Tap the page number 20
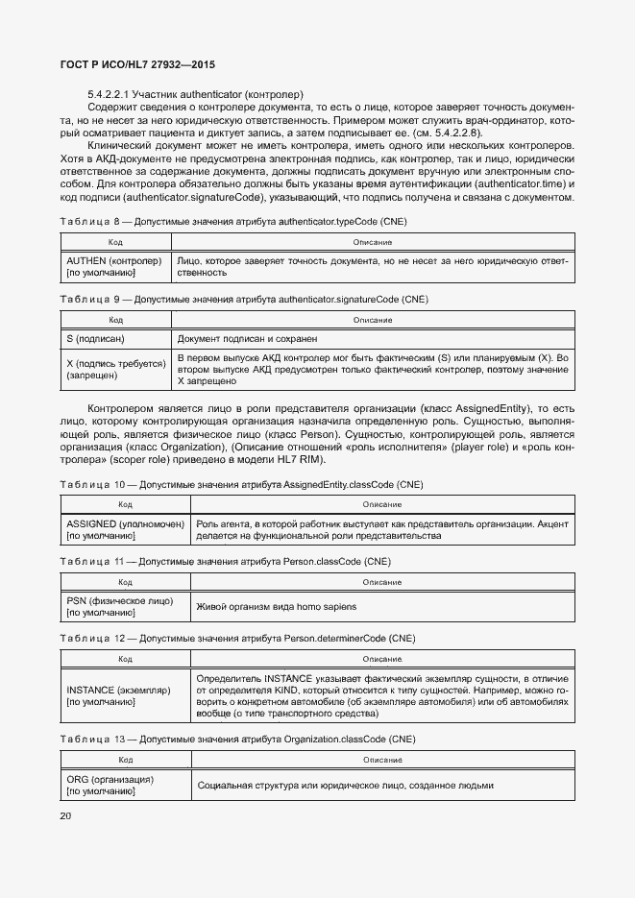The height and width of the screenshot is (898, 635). (x=65, y=815)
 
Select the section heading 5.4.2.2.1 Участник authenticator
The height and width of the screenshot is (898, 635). (x=195, y=94)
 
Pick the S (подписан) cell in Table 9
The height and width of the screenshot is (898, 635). (x=97, y=338)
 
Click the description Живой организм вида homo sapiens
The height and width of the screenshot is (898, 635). (x=276, y=606)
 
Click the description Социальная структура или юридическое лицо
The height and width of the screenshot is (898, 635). (x=344, y=785)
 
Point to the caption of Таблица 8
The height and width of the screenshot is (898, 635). (x=233, y=221)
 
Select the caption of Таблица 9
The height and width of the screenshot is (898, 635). (x=243, y=299)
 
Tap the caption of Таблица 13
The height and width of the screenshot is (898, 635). (x=236, y=740)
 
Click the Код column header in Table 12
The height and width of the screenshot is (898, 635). (x=125, y=659)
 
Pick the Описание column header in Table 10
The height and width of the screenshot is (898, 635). (x=382, y=504)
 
